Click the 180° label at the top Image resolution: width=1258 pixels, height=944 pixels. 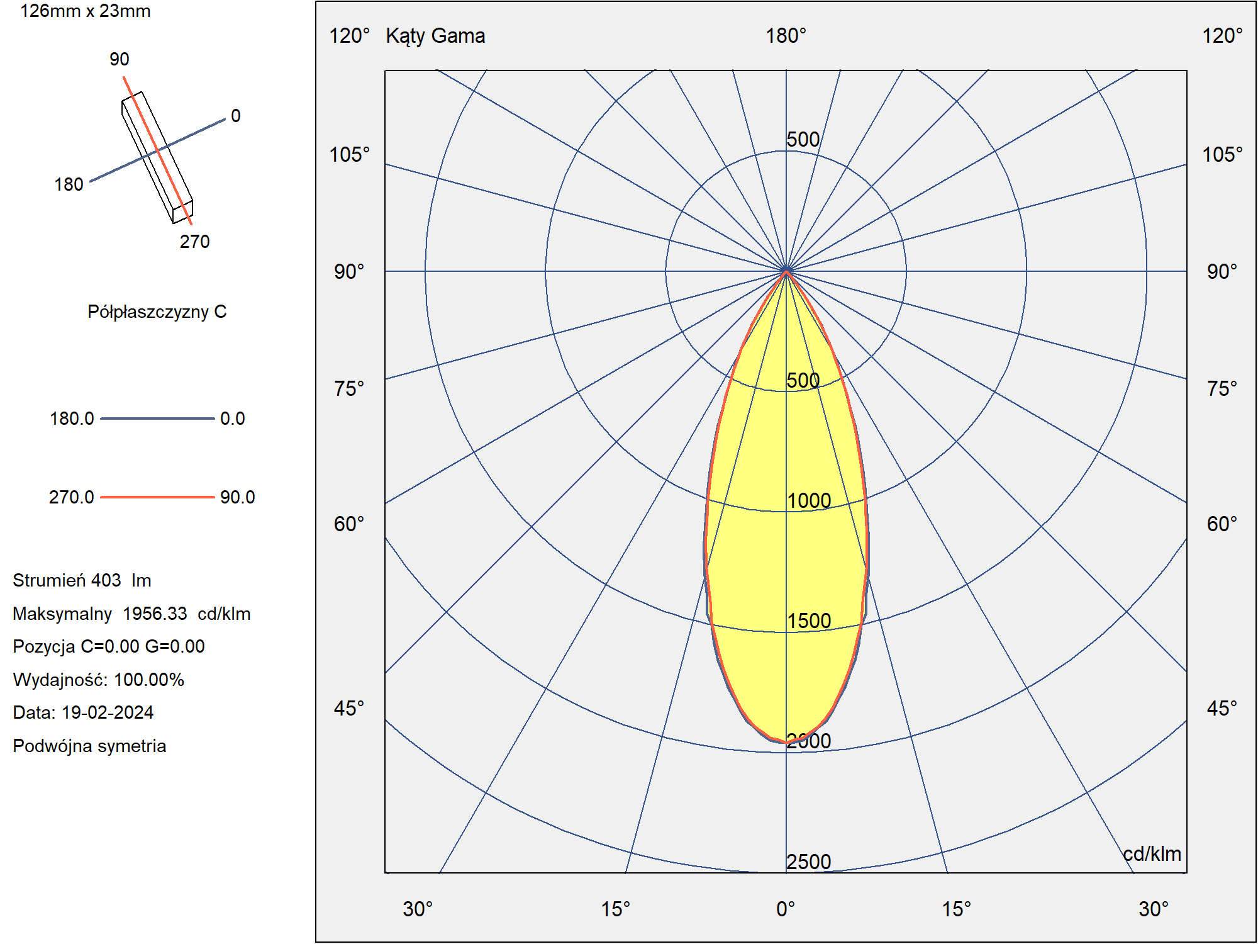click(786, 36)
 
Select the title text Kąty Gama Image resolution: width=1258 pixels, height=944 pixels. click(435, 36)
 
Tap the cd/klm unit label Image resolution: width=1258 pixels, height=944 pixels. click(1152, 854)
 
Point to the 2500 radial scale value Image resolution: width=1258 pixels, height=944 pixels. click(809, 862)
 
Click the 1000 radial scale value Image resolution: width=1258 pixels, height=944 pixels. click(809, 501)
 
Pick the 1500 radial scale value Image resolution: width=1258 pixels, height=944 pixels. click(809, 621)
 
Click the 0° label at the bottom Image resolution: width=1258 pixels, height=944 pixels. click(786, 909)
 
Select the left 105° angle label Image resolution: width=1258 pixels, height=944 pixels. click(350, 154)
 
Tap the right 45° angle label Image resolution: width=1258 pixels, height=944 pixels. click(1222, 709)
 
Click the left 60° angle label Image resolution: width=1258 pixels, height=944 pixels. click(349, 524)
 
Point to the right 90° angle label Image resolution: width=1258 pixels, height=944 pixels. click(1222, 272)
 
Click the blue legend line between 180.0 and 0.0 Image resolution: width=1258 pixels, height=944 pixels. click(157, 419)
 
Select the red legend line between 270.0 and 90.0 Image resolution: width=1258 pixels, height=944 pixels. click(157, 497)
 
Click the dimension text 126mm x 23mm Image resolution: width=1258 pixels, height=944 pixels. click(86, 11)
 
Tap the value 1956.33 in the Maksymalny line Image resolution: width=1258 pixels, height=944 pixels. click(155, 614)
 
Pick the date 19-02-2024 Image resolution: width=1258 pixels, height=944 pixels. click(108, 712)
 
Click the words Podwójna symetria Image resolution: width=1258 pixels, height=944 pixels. click(89, 746)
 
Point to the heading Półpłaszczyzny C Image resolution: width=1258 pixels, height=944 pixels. click(157, 312)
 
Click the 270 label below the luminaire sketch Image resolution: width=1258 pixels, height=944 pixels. click(195, 242)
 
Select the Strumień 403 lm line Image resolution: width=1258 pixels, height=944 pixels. click(82, 580)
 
